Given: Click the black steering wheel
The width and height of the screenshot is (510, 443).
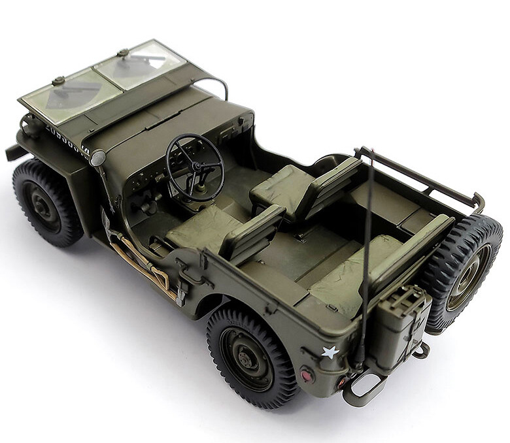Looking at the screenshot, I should pyautogui.click(x=194, y=167).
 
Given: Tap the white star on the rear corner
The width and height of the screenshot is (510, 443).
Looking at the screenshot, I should pyautogui.click(x=331, y=352).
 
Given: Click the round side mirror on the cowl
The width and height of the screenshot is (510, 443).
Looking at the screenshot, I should pyautogui.click(x=98, y=158).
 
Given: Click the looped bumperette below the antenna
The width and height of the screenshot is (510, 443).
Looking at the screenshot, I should pyautogui.click(x=363, y=391).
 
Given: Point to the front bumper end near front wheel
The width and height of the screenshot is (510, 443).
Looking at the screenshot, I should pyautogui.click(x=14, y=152).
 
